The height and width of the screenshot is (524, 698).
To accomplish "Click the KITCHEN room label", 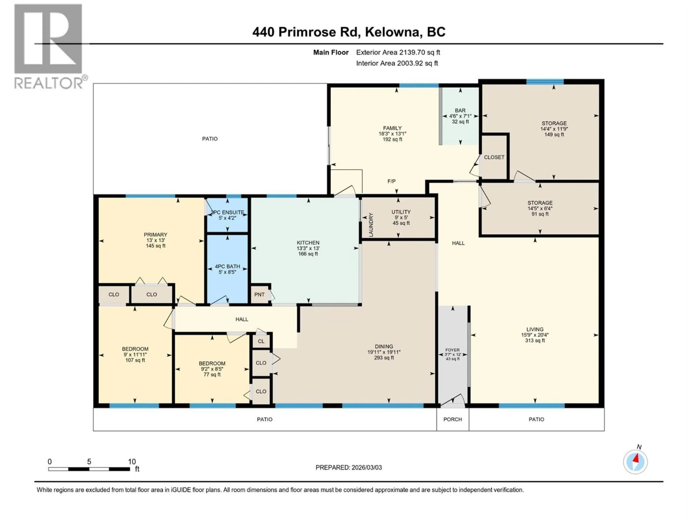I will (x=308, y=243).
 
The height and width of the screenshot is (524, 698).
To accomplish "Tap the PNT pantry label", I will (x=259, y=294).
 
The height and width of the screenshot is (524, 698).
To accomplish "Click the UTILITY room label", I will (x=401, y=212).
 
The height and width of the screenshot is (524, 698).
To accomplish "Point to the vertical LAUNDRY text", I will (x=371, y=225).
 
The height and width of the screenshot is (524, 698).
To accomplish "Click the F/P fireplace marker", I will (x=391, y=181).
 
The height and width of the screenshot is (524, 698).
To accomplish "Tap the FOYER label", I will (x=452, y=350).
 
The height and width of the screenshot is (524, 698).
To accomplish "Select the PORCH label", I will (x=452, y=419).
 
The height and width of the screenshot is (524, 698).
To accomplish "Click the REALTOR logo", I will (x=49, y=46).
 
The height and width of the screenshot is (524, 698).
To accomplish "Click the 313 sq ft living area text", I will (x=535, y=340).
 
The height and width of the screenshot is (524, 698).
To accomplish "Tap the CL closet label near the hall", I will (x=261, y=341).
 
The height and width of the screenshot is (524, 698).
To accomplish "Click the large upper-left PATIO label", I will (x=210, y=139).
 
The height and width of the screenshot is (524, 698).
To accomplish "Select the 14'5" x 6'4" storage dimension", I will (x=540, y=209).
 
